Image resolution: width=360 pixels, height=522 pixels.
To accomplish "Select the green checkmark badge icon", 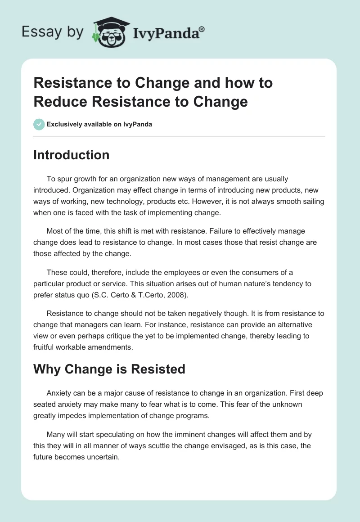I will point(39,124).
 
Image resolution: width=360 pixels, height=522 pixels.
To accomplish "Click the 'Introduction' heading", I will point(72,155).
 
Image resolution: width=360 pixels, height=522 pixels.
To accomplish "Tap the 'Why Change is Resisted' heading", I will point(109,369).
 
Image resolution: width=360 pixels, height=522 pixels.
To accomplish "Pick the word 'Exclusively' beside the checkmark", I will point(63,124).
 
